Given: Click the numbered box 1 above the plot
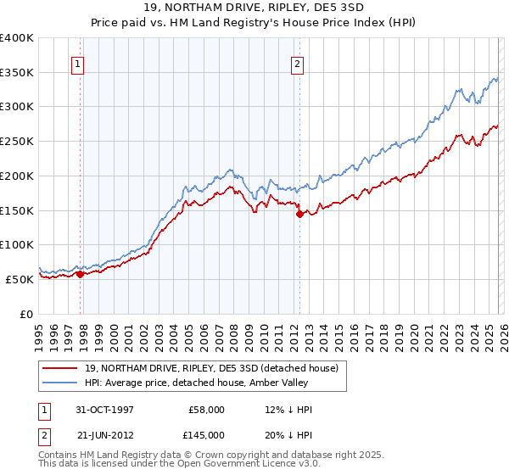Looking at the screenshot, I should (77, 63).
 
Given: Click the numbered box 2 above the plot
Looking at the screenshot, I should (298, 63).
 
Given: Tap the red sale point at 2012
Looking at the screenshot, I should (299, 214).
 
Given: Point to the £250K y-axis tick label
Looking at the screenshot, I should (17, 142).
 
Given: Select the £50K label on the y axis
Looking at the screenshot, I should (20, 279).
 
